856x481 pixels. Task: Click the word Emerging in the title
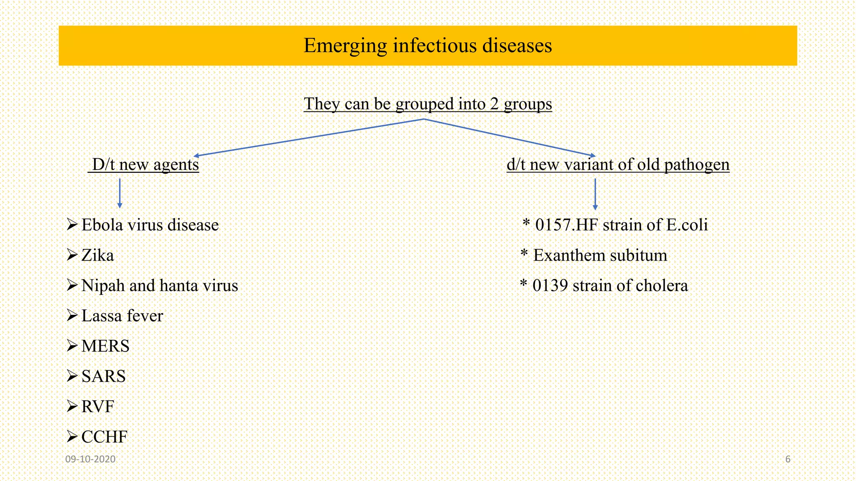tap(345, 46)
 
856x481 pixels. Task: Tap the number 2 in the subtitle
tap(494, 104)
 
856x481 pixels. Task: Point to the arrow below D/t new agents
tap(120, 193)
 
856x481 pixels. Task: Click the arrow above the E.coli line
tap(595, 194)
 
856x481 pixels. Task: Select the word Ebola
tap(102, 225)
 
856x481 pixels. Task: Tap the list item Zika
tap(97, 256)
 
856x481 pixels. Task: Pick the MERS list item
tap(105, 346)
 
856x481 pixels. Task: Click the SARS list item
tap(103, 377)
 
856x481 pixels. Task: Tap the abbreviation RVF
tap(98, 407)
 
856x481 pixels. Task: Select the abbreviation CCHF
tap(104, 437)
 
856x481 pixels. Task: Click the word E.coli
tap(687, 225)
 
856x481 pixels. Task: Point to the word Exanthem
tap(569, 256)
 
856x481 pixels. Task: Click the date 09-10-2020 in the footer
tap(90, 459)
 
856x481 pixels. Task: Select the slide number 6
tap(788, 459)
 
